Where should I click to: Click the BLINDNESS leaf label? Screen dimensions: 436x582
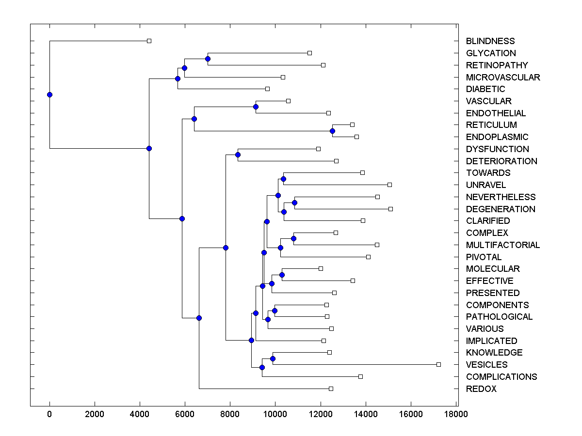tap(490, 41)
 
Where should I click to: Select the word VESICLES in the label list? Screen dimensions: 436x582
tap(487, 365)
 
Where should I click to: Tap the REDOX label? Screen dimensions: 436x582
tap(481, 389)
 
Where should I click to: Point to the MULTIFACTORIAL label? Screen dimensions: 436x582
tap(503, 245)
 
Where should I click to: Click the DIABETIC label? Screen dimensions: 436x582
tap(485, 89)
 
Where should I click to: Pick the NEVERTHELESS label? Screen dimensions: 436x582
tap(501, 197)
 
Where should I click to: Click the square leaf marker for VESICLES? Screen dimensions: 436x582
tap(438, 364)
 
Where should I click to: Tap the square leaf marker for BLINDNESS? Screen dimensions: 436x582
tap(149, 41)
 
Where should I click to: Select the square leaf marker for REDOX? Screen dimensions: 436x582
tap(331, 389)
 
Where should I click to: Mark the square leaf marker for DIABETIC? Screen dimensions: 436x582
tap(267, 89)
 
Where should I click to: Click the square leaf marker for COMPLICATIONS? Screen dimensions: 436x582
tap(360, 376)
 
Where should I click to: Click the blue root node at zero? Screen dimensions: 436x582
tap(49, 94)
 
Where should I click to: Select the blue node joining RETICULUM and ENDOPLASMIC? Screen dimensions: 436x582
tap(332, 131)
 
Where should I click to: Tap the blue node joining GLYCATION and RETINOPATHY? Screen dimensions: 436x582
tap(208, 59)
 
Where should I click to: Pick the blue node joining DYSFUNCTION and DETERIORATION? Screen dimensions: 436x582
tap(238, 155)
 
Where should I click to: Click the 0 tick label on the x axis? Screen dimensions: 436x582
tap(49, 414)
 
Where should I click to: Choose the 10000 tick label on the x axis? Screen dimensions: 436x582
tap(275, 414)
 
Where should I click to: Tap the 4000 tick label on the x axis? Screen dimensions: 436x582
tap(140, 414)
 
